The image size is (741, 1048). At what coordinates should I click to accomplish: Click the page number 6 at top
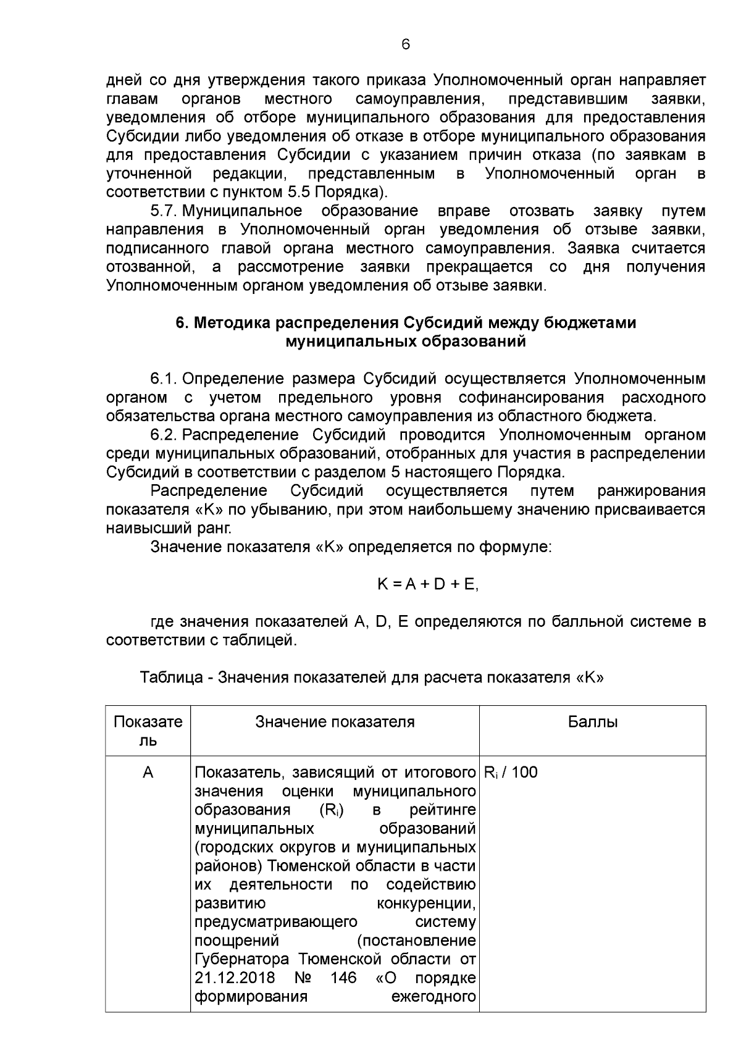[406, 44]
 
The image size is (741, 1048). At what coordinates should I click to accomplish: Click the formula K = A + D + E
[427, 584]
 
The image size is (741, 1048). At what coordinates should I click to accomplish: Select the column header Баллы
[592, 722]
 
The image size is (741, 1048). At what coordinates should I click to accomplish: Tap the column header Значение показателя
[335, 722]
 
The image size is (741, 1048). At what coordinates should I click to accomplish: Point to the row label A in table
[148, 772]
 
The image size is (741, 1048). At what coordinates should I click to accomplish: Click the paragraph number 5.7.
[164, 211]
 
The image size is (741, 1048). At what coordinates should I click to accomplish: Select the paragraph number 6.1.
[164, 378]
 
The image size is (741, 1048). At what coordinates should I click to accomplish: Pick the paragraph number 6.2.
[164, 435]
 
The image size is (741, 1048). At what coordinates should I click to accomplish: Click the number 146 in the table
[343, 978]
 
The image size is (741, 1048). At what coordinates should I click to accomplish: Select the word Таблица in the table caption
[171, 677]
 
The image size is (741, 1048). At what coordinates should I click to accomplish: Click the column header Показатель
[148, 731]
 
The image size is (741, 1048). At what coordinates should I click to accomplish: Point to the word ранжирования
[651, 491]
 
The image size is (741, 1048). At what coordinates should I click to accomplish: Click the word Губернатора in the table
[242, 959]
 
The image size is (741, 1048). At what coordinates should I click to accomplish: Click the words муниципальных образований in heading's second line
[406, 342]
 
